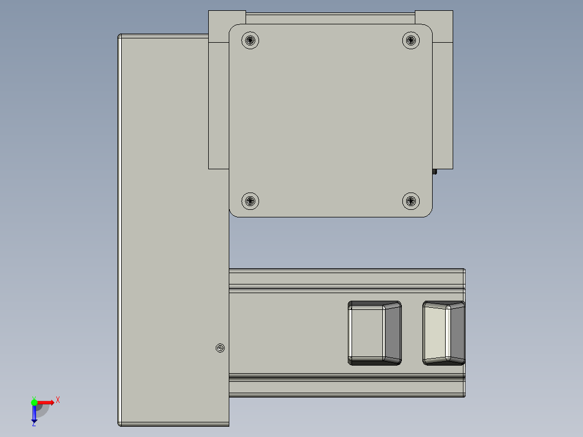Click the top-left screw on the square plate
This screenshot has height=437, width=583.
(x=250, y=40)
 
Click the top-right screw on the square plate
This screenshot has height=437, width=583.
(x=412, y=40)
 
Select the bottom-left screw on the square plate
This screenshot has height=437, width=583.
(x=250, y=201)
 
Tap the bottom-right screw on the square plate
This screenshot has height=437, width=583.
(x=412, y=201)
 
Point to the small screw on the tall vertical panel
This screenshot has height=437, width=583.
(x=220, y=348)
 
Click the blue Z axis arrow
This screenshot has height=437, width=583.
(x=34, y=414)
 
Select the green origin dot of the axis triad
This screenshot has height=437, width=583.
(x=34, y=402)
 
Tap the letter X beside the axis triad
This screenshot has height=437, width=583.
(x=58, y=400)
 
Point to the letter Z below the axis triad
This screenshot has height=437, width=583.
(x=34, y=423)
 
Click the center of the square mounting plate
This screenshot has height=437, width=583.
(x=331, y=120)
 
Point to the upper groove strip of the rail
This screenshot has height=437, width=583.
(x=346, y=278)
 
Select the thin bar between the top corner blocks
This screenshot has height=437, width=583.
(x=330, y=18)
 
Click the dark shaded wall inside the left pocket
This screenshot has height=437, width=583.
(x=393, y=333)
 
